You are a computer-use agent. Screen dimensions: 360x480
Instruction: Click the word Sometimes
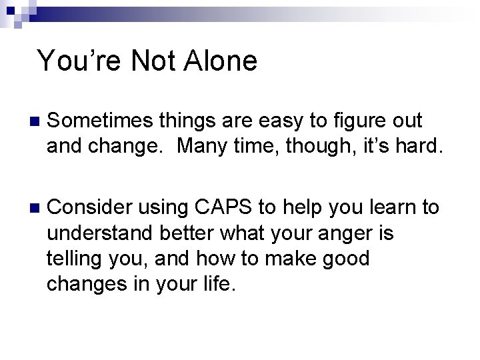tap(101, 121)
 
